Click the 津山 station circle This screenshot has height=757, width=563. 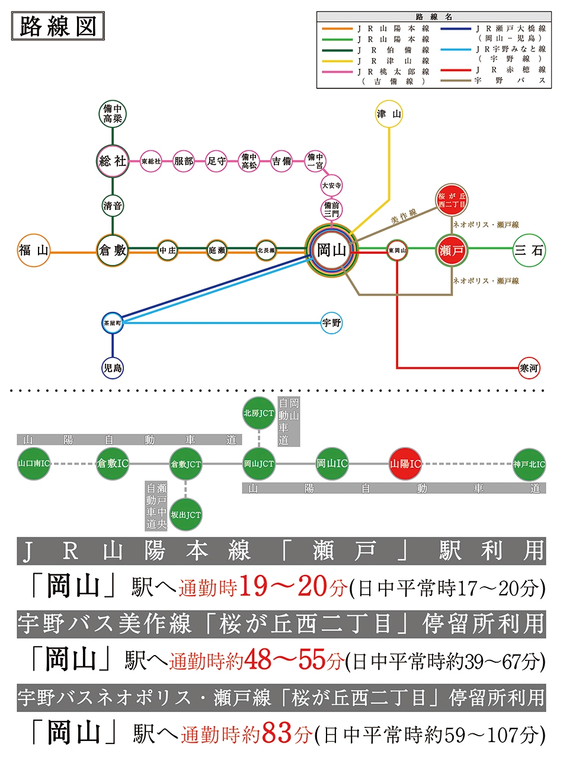(389, 114)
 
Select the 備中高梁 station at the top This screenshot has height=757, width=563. (113, 114)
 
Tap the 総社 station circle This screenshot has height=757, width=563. (113, 161)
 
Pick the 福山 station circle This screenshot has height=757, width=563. (34, 250)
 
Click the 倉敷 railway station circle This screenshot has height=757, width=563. (113, 250)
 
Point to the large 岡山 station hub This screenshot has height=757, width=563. (331, 250)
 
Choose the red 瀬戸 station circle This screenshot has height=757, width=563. (452, 250)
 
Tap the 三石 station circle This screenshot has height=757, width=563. (529, 250)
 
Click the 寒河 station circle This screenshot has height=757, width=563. (529, 368)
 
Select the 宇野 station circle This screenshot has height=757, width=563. (331, 322)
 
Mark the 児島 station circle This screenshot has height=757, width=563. (113, 368)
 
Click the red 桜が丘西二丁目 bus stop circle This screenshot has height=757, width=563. (452, 200)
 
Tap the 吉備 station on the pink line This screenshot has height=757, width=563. (281, 161)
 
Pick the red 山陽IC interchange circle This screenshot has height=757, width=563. (405, 464)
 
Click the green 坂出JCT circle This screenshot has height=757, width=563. (185, 515)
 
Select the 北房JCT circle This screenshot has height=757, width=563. (258, 413)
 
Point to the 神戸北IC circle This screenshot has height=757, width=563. (529, 464)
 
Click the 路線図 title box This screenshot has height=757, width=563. (58, 26)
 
